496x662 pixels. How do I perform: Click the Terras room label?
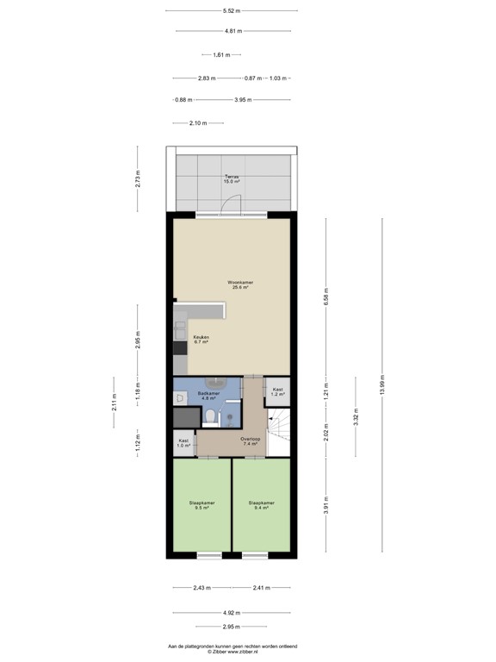point(232,178)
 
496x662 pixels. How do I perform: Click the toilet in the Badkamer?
point(212,418)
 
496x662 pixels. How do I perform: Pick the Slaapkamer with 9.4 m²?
point(261,505)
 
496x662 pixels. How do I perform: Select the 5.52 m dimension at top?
point(232,10)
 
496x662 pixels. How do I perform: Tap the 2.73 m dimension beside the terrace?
point(138,178)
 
